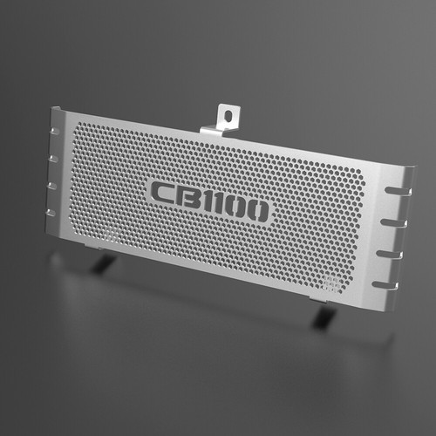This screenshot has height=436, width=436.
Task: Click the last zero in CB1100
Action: click(258, 212)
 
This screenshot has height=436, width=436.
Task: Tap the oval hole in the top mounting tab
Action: click(229, 116)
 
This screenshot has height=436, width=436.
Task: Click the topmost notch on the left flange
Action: click(55, 131)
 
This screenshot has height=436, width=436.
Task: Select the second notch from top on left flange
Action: click(54, 159)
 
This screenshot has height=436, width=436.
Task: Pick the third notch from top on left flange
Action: click(52, 186)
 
